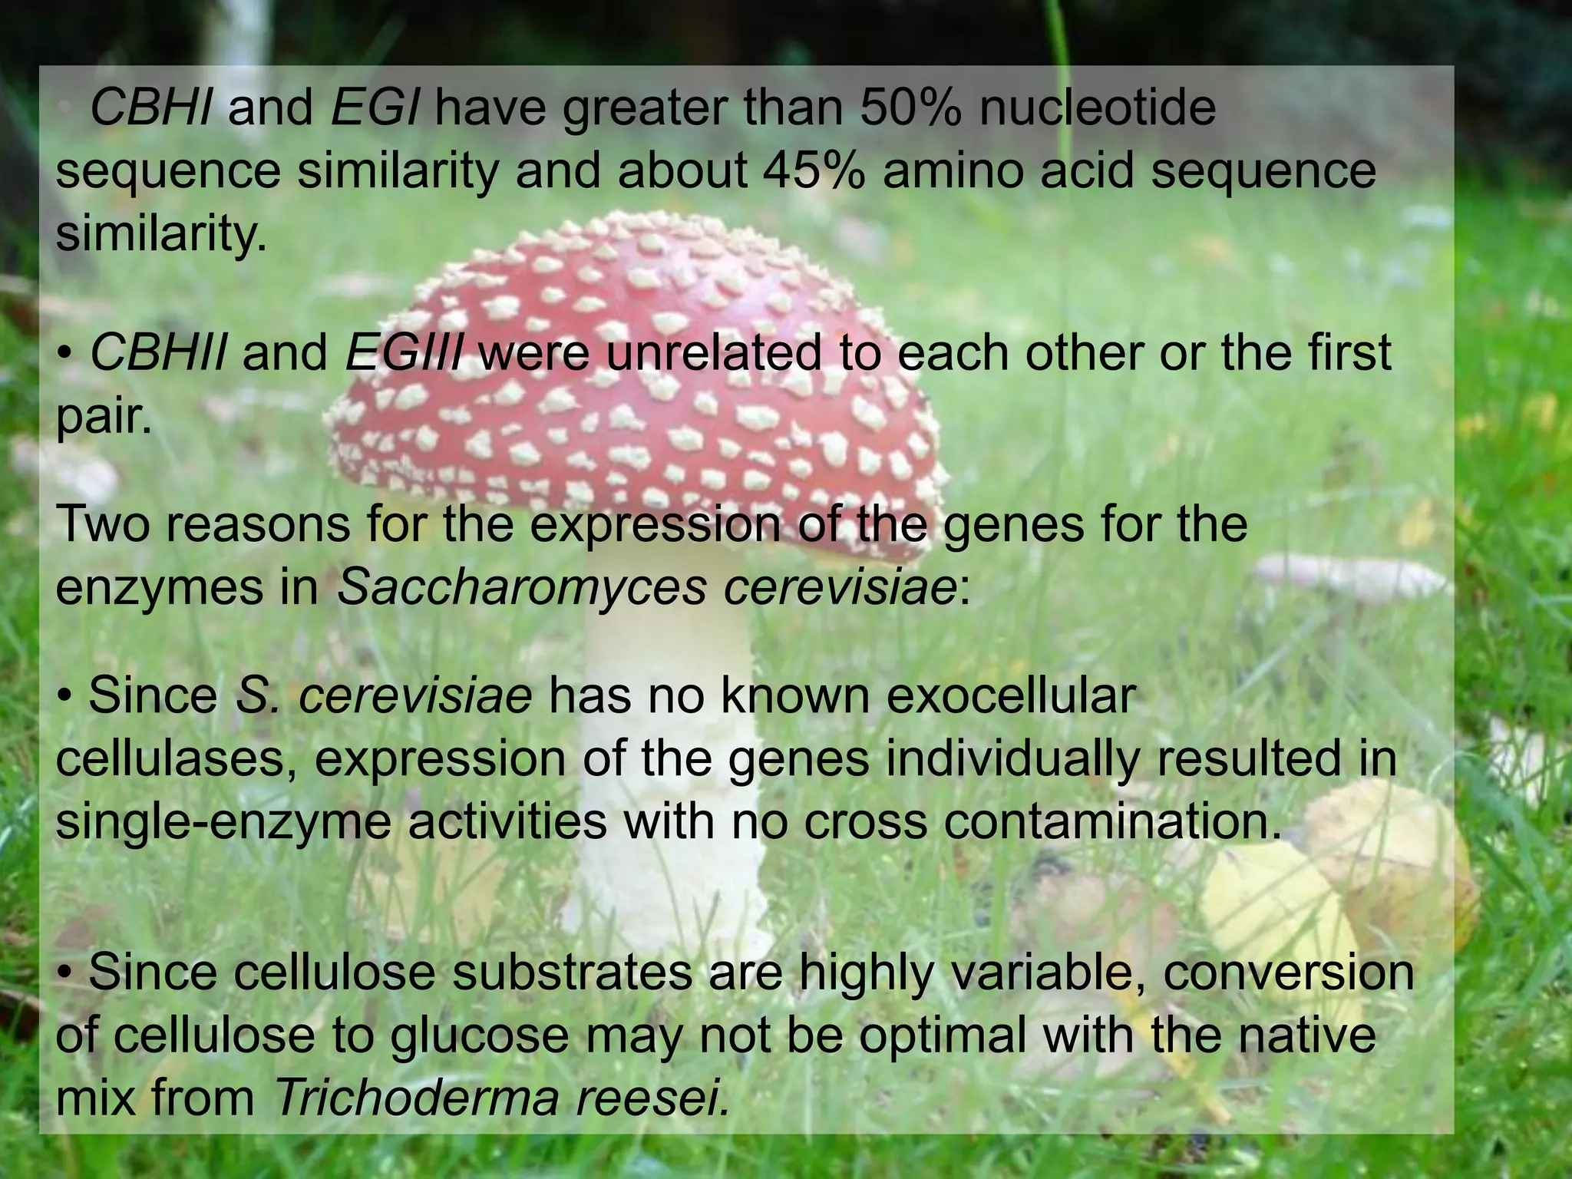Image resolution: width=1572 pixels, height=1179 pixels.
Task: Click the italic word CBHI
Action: click(150, 107)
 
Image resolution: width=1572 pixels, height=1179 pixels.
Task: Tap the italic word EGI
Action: click(375, 107)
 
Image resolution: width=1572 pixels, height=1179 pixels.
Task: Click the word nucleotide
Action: click(1098, 107)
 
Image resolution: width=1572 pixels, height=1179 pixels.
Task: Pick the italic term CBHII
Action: click(158, 353)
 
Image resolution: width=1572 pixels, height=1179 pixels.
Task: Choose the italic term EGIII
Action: click(404, 353)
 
